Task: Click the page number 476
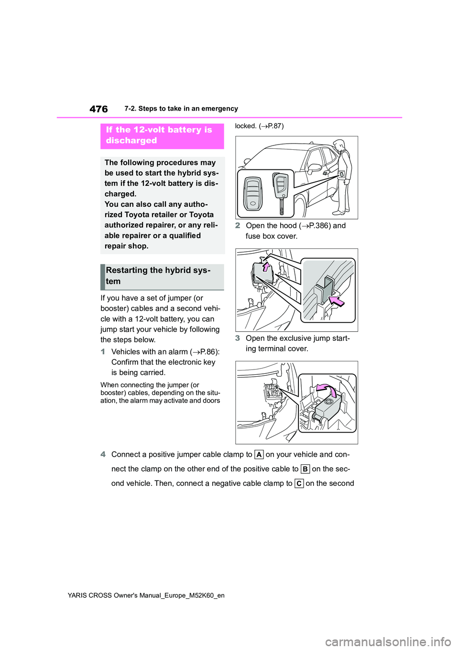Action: pos(98,109)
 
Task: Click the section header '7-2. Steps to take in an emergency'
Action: pos(181,109)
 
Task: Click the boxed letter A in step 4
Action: pos(259,455)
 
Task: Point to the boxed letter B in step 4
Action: pos(305,469)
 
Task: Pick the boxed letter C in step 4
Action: pos(299,483)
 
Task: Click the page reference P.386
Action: pos(317,225)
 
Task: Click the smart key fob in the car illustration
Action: pos(253,194)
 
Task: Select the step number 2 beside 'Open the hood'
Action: pos(238,225)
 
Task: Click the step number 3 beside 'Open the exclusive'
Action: pos(238,338)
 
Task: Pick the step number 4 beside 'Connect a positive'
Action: pos(103,454)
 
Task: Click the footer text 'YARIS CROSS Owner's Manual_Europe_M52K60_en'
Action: pos(146,595)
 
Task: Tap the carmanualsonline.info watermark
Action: pos(388,641)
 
